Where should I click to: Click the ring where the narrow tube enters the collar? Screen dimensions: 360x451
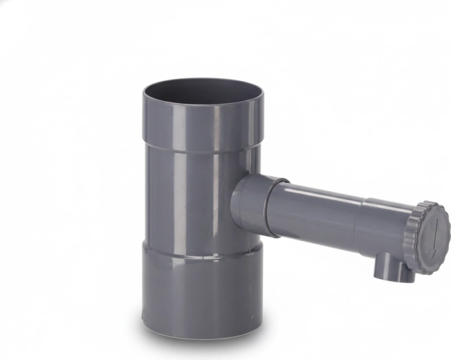277,208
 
